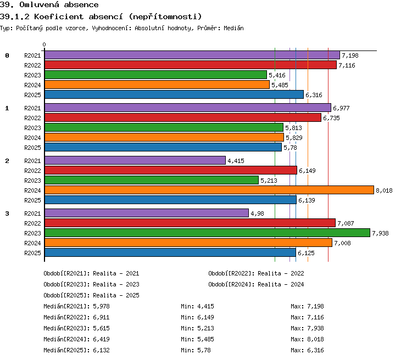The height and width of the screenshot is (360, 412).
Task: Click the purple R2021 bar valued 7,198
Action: [x=192, y=55]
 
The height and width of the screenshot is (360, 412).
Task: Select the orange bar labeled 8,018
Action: [x=209, y=190]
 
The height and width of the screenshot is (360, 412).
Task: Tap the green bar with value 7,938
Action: [x=207, y=233]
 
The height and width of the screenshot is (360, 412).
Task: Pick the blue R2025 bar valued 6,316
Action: [x=174, y=94]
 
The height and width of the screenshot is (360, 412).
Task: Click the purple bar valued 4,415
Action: [x=135, y=160]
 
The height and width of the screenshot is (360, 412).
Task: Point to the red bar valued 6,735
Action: [x=183, y=117]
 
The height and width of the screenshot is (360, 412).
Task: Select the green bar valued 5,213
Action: [x=152, y=180]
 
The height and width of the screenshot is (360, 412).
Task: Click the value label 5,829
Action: [x=294, y=138]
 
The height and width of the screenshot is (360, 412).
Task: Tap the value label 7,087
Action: [x=346, y=223]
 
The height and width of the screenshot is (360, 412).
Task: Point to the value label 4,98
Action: [x=257, y=213]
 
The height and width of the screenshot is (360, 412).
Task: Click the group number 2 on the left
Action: [x=7, y=161]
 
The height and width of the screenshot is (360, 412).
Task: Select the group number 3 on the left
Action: [x=7, y=213]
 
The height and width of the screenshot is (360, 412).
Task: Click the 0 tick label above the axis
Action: [x=44, y=44]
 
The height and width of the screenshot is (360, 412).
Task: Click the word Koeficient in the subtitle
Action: [x=59, y=16]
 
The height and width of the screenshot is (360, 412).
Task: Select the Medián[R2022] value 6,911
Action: [x=101, y=317]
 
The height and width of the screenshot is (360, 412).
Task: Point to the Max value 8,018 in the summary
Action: [x=315, y=339]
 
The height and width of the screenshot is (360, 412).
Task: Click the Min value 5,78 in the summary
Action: [x=204, y=350]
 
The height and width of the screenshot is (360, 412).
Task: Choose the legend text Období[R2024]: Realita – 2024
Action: [x=256, y=284]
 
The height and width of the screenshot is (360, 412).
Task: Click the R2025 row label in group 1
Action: [x=32, y=148]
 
